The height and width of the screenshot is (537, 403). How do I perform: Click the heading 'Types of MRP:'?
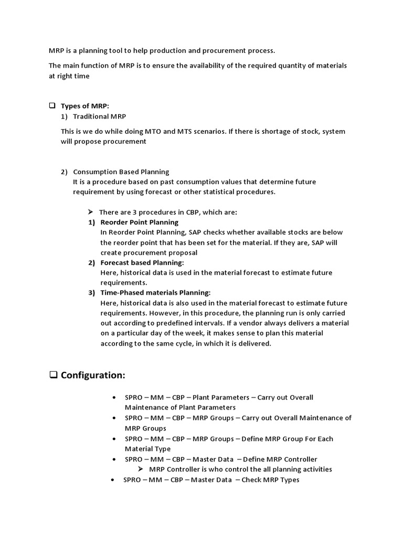click(85, 106)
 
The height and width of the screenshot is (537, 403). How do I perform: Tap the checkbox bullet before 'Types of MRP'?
click(52, 106)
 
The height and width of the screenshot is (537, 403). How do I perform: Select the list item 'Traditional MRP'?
click(99, 116)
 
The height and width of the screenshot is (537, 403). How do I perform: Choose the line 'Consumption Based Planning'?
click(121, 171)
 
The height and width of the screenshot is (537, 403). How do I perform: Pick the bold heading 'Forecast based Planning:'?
click(142, 263)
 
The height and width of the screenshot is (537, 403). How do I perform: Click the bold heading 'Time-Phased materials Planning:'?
click(155, 293)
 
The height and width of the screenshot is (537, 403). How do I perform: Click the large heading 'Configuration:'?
click(93, 375)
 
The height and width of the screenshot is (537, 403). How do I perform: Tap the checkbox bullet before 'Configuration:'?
click(53, 375)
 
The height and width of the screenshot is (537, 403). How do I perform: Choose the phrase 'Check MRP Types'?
click(270, 480)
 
